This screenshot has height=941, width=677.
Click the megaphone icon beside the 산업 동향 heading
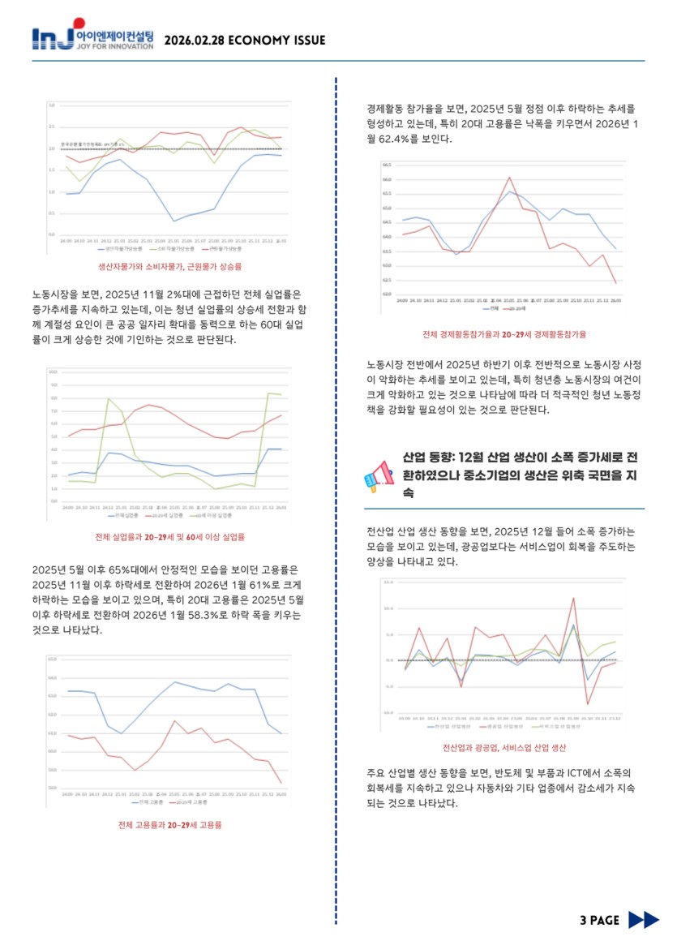379,475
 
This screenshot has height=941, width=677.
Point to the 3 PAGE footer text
599,919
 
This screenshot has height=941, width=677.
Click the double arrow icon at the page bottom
644,919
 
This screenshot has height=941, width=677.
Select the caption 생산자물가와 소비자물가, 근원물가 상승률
169,265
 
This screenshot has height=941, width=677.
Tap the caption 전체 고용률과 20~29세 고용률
169,825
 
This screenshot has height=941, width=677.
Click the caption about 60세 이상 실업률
169,536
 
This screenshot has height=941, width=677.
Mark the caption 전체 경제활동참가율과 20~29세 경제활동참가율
504,334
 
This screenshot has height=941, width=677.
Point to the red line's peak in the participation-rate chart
509,178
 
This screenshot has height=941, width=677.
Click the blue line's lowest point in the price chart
174,221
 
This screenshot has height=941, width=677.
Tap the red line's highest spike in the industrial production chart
573,599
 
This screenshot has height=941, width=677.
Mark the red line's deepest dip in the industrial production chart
587,703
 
